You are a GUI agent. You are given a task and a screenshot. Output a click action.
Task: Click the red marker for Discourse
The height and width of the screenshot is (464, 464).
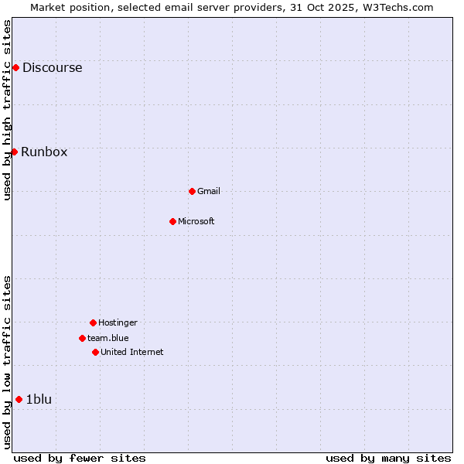tap(15, 68)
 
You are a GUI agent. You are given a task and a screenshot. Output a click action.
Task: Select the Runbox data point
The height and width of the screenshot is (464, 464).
tap(14, 152)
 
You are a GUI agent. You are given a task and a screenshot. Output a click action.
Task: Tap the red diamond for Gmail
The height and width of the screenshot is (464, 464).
tap(192, 191)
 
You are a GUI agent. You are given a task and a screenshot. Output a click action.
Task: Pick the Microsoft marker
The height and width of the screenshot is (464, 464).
tap(172, 221)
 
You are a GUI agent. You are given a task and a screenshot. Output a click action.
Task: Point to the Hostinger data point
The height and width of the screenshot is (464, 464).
tap(93, 322)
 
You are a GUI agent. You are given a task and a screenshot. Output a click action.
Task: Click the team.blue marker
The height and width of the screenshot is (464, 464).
tap(82, 338)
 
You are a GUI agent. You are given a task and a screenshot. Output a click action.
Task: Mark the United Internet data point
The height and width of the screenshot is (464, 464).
tap(95, 352)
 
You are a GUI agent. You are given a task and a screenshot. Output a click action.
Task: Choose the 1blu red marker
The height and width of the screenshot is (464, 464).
tap(19, 399)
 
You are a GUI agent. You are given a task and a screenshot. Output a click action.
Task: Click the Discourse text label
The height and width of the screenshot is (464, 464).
tap(52, 68)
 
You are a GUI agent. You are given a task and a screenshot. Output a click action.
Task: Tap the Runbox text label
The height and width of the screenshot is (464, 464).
tap(44, 152)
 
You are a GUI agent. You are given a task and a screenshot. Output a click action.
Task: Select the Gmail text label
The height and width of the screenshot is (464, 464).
tap(209, 191)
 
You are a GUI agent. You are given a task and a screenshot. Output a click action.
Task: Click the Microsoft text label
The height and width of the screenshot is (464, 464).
tap(196, 221)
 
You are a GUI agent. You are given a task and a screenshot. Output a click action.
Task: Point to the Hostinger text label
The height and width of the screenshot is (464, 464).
tap(118, 322)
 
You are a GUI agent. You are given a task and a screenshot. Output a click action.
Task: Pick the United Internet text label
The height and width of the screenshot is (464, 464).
tap(131, 352)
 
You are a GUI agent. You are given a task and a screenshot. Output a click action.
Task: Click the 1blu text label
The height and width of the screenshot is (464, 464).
tap(39, 399)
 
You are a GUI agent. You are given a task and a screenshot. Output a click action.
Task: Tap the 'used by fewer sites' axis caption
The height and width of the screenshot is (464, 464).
tap(80, 458)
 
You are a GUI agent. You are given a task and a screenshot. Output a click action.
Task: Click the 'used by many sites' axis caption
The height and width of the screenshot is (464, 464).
tap(388, 458)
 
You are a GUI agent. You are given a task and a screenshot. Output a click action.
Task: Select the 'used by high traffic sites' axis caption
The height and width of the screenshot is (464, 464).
tap(7, 110)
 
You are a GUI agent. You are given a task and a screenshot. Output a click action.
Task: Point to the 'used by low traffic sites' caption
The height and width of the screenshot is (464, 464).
tap(7, 362)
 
